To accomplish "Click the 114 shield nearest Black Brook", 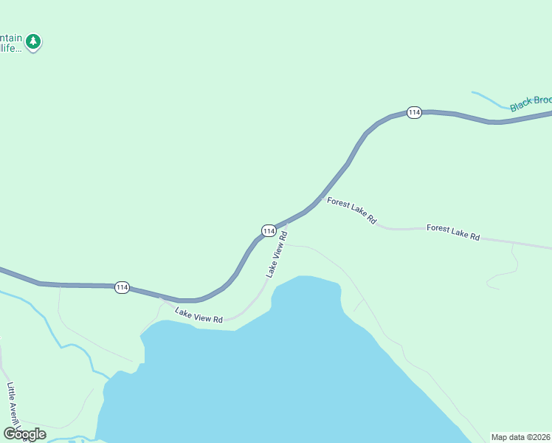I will pyautogui.click(x=414, y=112).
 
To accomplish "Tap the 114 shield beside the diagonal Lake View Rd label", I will pyautogui.click(x=268, y=231).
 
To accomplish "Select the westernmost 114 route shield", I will pyautogui.click(x=123, y=287).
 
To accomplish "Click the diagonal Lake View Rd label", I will pyautogui.click(x=276, y=253).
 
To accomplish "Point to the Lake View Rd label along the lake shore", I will pyautogui.click(x=199, y=315).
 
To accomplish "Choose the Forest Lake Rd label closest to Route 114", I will pyautogui.click(x=352, y=210).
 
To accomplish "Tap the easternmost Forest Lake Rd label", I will pyautogui.click(x=453, y=233).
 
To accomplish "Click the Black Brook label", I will pyautogui.click(x=531, y=103).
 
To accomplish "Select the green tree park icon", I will pyautogui.click(x=32, y=42).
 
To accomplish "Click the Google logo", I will pyautogui.click(x=24, y=434).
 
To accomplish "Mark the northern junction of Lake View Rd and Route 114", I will pyautogui.click(x=287, y=222).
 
